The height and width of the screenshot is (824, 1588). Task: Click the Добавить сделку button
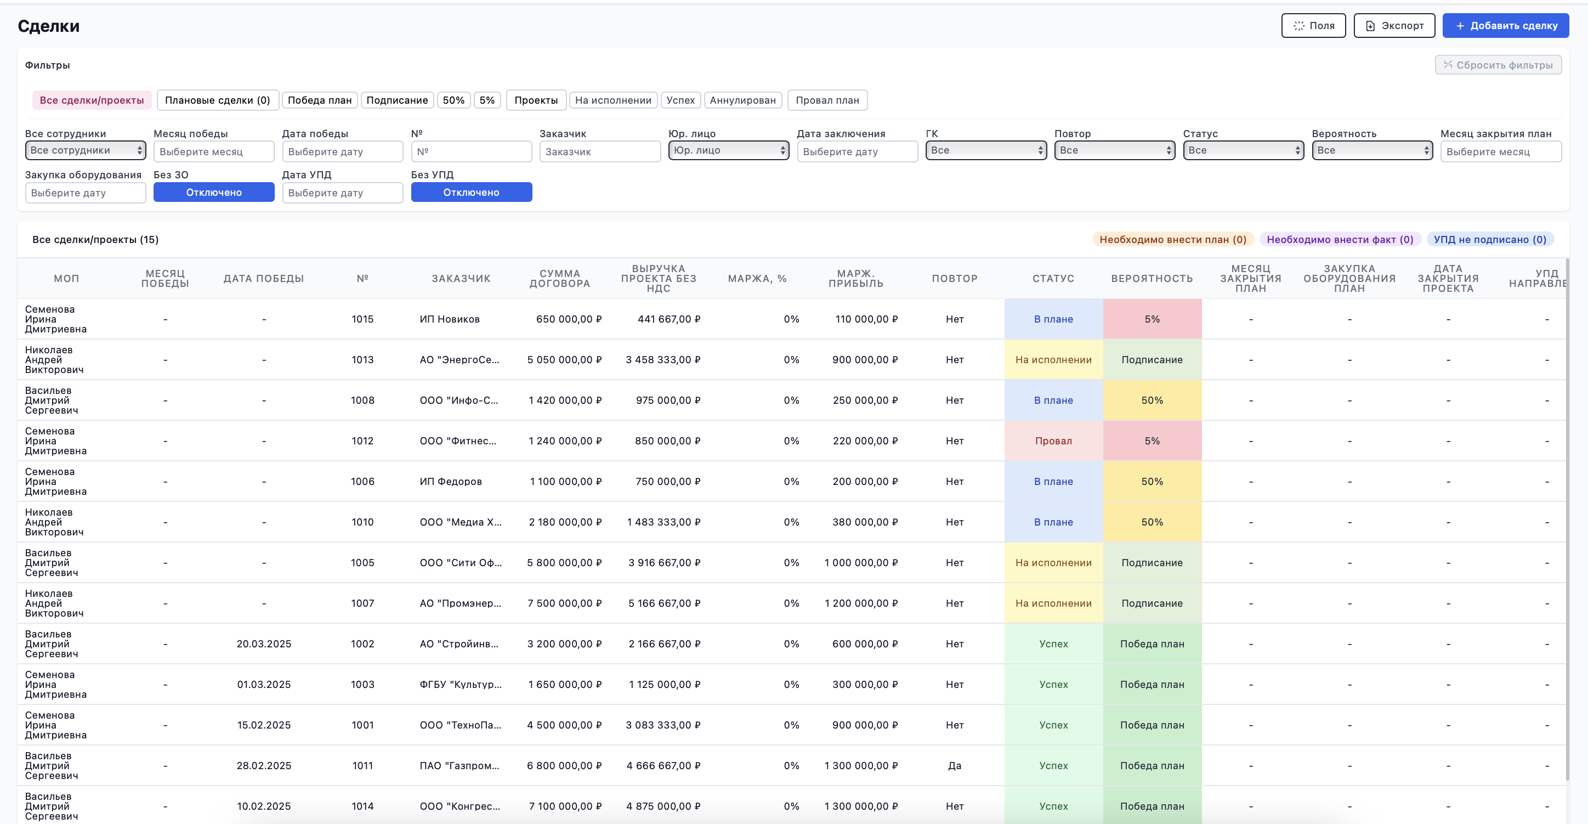pyautogui.click(x=1505, y=25)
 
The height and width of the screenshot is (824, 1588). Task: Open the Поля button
pyautogui.click(x=1313, y=25)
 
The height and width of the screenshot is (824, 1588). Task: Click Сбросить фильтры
pyautogui.click(x=1498, y=65)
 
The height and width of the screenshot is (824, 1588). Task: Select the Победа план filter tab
pyautogui.click(x=319, y=100)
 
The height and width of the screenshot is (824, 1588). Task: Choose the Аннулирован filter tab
pyautogui.click(x=743, y=100)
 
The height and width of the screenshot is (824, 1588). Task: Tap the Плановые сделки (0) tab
pyautogui.click(x=218, y=100)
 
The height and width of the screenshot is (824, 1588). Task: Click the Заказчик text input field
pyautogui.click(x=600, y=151)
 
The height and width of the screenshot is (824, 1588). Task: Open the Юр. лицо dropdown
pyautogui.click(x=729, y=150)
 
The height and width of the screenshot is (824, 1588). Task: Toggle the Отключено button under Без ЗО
pyautogui.click(x=214, y=192)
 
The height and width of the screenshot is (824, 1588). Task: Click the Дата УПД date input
pyautogui.click(x=342, y=193)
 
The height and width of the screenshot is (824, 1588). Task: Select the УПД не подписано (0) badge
pyautogui.click(x=1490, y=239)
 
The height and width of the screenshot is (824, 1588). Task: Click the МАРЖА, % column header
pyautogui.click(x=757, y=278)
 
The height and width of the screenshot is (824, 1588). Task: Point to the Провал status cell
pyautogui.click(x=1053, y=441)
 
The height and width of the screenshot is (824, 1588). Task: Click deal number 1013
pyautogui.click(x=362, y=359)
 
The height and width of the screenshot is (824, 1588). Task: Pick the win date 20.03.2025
pyautogui.click(x=264, y=644)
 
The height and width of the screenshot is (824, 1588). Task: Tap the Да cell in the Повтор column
pyautogui.click(x=954, y=765)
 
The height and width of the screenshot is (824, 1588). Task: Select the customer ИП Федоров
pyautogui.click(x=451, y=481)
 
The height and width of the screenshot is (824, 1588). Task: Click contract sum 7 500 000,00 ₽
pyautogui.click(x=565, y=603)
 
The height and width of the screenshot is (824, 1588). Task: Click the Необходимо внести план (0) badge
pyautogui.click(x=1172, y=239)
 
